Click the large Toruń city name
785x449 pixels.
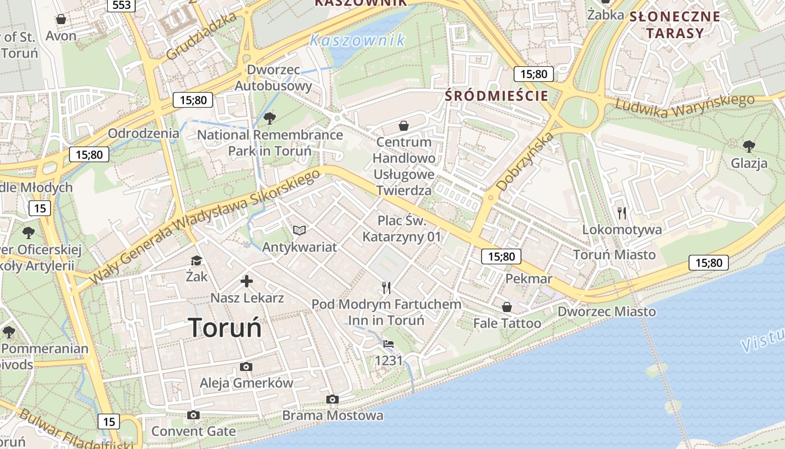click(x=225, y=327)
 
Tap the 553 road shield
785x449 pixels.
click(x=121, y=5)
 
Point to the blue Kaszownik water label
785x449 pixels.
click(x=357, y=40)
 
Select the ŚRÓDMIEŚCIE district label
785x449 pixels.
click(x=496, y=95)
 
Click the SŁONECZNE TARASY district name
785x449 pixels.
click(x=675, y=24)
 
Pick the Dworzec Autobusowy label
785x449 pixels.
click(x=274, y=78)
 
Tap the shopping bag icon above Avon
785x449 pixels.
click(x=61, y=20)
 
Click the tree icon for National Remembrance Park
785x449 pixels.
click(x=270, y=118)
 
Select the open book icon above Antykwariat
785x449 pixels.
click(x=300, y=230)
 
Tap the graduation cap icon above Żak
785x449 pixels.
click(x=196, y=260)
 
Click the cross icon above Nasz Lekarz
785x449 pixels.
click(x=247, y=281)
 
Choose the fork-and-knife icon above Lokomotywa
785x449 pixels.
click(x=621, y=213)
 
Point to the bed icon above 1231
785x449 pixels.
click(x=389, y=344)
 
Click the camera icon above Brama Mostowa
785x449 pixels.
click(x=333, y=399)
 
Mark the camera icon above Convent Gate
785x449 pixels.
click(x=193, y=415)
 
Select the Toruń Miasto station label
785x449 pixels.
click(x=614, y=255)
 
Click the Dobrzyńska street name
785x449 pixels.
click(x=525, y=162)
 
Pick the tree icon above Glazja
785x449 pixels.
click(x=749, y=147)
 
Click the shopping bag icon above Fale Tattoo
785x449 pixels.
click(x=507, y=307)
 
